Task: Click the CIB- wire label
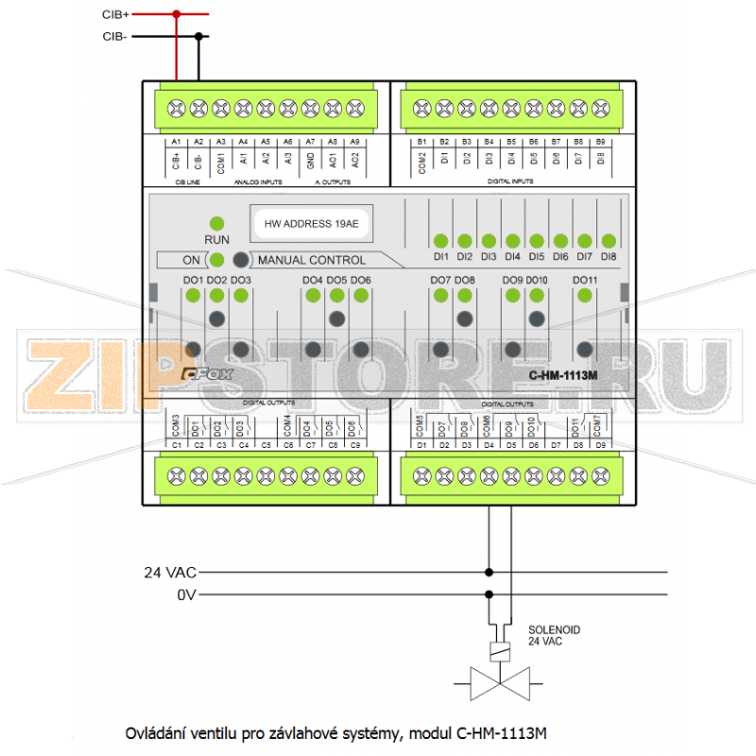coord(115,37)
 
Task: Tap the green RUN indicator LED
coord(216,223)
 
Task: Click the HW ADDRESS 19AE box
coord(311,224)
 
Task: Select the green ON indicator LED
coord(216,260)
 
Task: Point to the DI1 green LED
coord(441,240)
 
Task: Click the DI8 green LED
coord(609,240)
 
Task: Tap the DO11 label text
coord(585,281)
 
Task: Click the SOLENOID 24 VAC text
coord(554,635)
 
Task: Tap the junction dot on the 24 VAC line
coord(489,572)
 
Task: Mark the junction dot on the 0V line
coord(489,594)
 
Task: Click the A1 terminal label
coord(177,142)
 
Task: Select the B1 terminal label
coord(421,142)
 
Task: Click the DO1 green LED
coord(192,296)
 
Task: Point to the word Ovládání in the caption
coord(156,732)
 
